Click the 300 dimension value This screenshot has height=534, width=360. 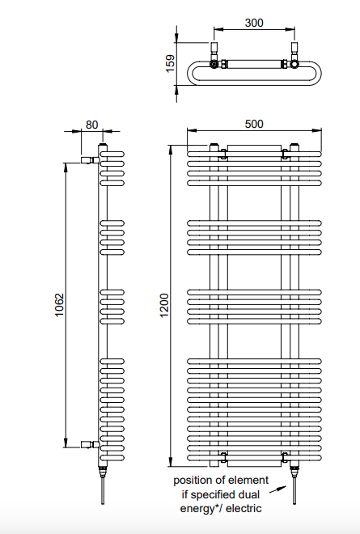click(254, 23)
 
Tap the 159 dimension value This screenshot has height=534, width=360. click(170, 63)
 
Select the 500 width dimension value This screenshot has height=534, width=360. click(254, 124)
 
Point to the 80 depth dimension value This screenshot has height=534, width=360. click(91, 125)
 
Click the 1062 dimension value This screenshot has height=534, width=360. click(59, 305)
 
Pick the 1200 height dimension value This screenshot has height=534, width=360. click(164, 305)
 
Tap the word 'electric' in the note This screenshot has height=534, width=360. click(244, 508)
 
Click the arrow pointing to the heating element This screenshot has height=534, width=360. click(277, 489)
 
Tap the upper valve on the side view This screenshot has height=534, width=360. click(91, 159)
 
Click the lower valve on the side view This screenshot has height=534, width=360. click(91, 444)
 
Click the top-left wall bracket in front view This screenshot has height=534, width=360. click(223, 154)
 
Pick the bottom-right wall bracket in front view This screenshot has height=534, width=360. click(286, 457)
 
